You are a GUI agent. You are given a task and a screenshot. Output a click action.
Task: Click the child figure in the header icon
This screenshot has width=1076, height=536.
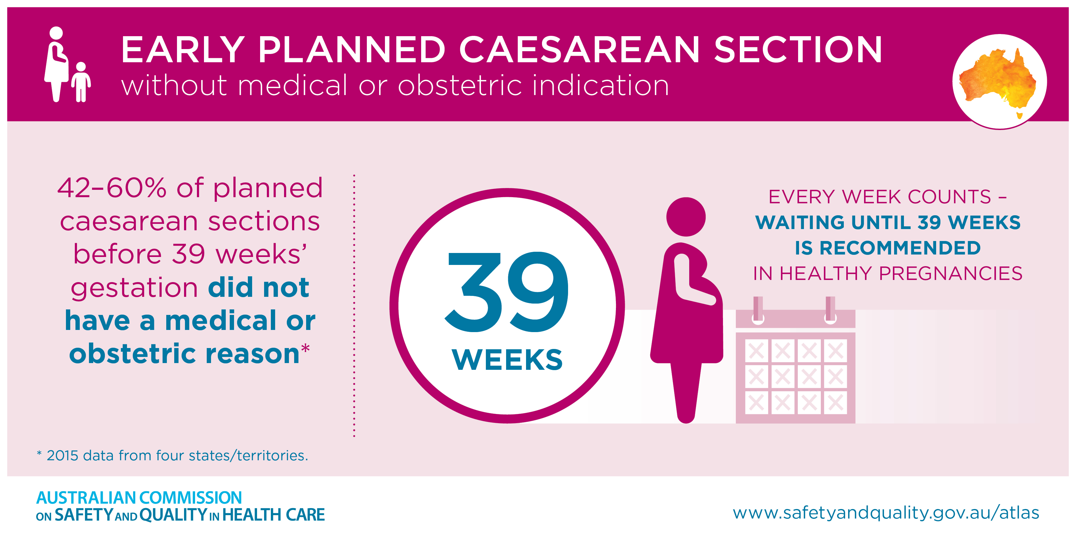[81, 82]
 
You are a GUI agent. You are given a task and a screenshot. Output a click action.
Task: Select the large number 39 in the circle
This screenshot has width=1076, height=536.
[507, 292]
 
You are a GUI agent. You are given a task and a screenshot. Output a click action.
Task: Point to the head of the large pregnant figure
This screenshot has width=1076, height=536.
[686, 217]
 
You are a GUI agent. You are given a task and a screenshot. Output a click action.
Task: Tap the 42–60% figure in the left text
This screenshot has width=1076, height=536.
[112, 188]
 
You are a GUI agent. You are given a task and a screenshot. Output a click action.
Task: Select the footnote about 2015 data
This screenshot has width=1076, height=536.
[172, 455]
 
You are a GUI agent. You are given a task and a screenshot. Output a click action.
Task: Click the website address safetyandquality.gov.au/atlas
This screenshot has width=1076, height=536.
[886, 513]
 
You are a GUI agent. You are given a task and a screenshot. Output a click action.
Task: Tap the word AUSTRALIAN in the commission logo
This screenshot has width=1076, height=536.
[86, 498]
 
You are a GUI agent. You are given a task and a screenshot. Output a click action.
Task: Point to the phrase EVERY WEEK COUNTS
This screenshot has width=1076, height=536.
[880, 197]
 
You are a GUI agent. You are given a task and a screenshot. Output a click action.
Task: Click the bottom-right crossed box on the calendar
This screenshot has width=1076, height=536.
[836, 403]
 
